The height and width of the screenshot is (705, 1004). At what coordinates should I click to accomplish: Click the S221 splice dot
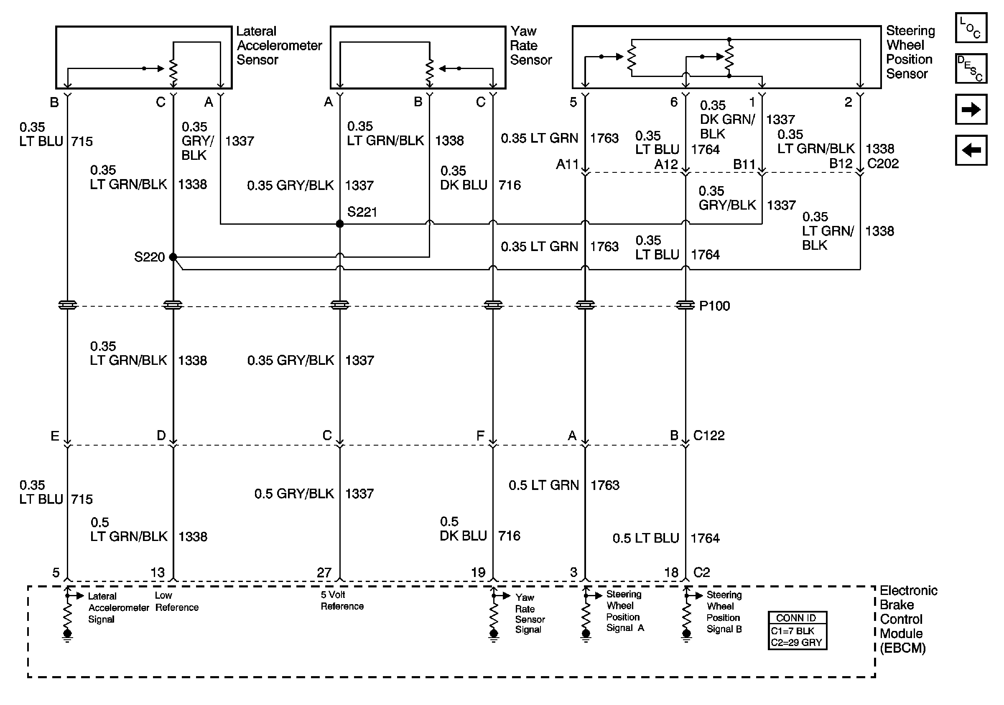(340, 224)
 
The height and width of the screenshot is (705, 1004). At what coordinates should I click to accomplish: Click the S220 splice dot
(173, 257)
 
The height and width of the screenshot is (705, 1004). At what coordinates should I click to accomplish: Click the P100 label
(714, 306)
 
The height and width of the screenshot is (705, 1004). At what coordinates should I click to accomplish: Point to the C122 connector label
(709, 436)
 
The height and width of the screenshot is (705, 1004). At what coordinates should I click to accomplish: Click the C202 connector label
(883, 164)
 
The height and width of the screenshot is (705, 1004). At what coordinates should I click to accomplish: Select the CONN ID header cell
(797, 618)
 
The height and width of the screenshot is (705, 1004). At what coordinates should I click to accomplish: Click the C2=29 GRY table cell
(797, 642)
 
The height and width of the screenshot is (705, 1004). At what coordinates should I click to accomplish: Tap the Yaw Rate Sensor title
(530, 46)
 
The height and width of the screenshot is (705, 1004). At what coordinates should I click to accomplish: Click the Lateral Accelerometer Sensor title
(279, 46)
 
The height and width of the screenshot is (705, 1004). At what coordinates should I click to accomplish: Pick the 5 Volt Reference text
(342, 600)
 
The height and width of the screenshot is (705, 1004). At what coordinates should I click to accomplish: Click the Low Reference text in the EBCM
(177, 601)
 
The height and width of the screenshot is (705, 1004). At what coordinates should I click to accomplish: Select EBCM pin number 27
(324, 572)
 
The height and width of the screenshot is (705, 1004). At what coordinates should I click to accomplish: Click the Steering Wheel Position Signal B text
(724, 612)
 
